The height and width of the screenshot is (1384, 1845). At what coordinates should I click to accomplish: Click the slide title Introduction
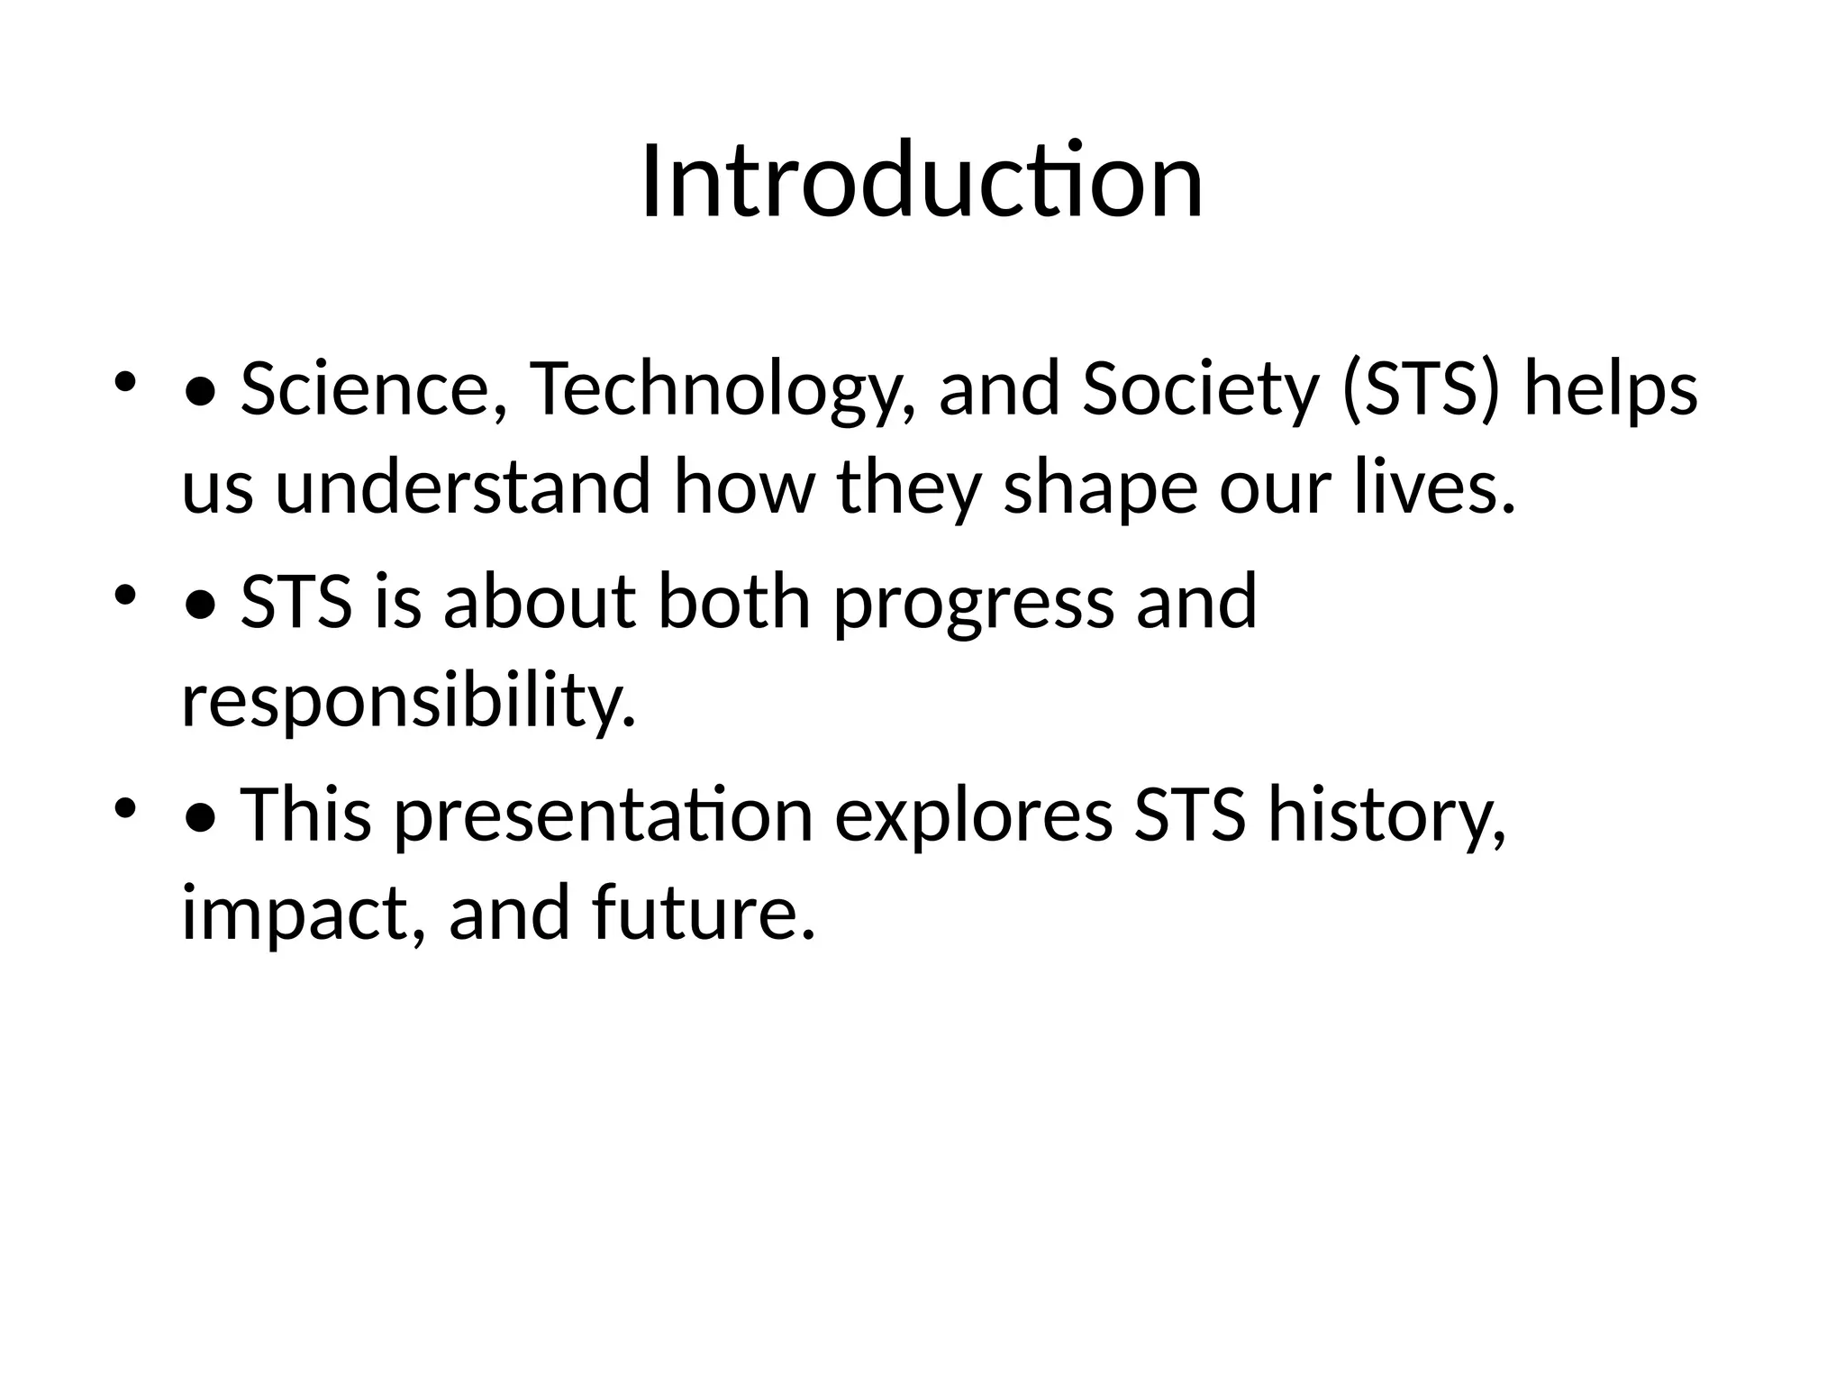922,182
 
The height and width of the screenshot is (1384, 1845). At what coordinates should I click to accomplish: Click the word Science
365,389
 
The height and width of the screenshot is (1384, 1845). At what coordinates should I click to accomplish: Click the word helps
1610,389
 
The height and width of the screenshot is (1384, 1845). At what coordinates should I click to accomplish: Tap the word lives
1433,487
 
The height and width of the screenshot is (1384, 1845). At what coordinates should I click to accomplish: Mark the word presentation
603,815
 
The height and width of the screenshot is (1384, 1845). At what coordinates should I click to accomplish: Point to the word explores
973,815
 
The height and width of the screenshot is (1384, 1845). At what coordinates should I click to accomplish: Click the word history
1386,815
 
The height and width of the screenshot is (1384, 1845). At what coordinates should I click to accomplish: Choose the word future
704,913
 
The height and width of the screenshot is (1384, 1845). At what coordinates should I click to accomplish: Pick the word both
734,602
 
